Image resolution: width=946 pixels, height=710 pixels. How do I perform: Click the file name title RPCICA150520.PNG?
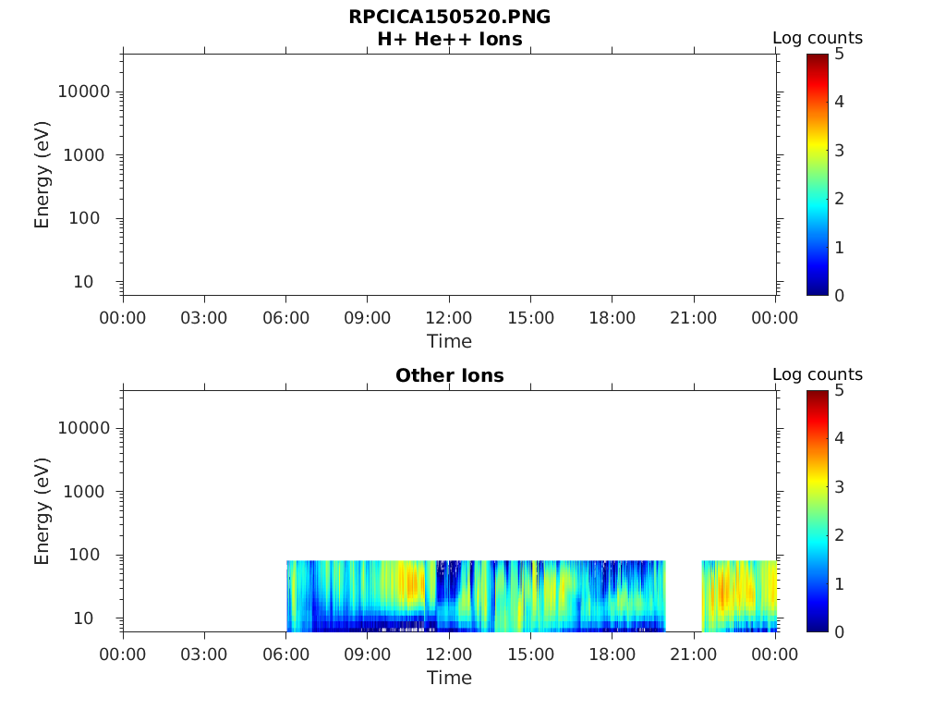pyautogui.click(x=449, y=18)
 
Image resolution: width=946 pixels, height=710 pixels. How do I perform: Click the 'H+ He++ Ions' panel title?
pyautogui.click(x=449, y=40)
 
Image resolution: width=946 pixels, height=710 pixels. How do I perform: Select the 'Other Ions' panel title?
pyautogui.click(x=449, y=376)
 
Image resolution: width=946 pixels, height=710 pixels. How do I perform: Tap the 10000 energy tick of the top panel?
pyautogui.click(x=84, y=92)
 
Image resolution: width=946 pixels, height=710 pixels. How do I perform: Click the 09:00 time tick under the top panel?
pyautogui.click(x=368, y=318)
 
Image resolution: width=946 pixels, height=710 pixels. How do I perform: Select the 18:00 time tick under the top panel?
pyautogui.click(x=612, y=318)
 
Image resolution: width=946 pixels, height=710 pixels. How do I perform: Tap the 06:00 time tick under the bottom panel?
pyautogui.click(x=285, y=655)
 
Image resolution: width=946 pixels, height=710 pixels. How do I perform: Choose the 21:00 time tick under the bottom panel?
pyautogui.click(x=693, y=655)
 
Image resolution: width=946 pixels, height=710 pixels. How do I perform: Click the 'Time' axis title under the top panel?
pyautogui.click(x=449, y=342)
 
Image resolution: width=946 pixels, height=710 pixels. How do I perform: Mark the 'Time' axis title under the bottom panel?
pyautogui.click(x=449, y=679)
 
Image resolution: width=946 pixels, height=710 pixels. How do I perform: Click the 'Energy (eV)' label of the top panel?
pyautogui.click(x=42, y=174)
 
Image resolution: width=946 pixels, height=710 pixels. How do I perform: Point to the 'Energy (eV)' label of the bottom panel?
pyautogui.click(x=42, y=510)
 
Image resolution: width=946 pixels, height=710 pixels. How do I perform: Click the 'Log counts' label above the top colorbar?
pyautogui.click(x=818, y=39)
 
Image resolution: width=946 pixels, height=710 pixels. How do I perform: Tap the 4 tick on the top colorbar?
pyautogui.click(x=840, y=102)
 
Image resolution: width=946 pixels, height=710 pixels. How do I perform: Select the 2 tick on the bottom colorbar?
pyautogui.click(x=840, y=535)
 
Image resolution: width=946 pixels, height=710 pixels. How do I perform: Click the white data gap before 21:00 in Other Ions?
pyautogui.click(x=684, y=595)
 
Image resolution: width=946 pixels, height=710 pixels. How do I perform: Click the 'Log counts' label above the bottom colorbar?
pyautogui.click(x=818, y=375)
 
